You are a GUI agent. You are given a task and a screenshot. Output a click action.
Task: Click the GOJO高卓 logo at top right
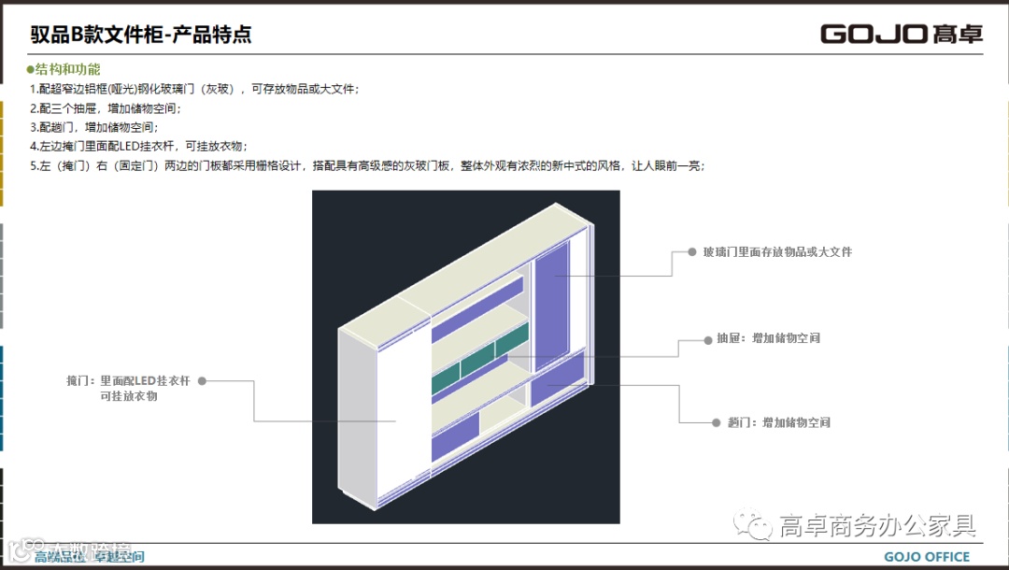pyautogui.click(x=902, y=35)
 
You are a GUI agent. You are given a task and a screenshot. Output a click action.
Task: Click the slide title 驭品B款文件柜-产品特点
pyautogui.click(x=140, y=36)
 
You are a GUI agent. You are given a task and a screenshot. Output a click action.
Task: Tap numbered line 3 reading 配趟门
pyautogui.click(x=93, y=127)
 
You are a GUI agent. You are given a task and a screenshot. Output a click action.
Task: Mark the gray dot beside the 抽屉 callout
pyautogui.click(x=708, y=340)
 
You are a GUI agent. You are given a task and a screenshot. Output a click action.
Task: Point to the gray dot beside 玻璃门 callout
pyautogui.click(x=692, y=252)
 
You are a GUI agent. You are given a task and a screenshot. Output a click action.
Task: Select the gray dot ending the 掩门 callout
pyautogui.click(x=202, y=381)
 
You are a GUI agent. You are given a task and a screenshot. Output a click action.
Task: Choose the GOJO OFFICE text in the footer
pyautogui.click(x=927, y=557)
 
